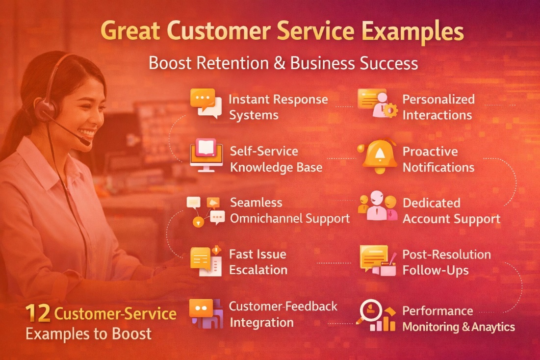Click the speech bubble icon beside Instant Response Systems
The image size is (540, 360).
[x=206, y=103]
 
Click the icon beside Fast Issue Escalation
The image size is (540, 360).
[x=206, y=260]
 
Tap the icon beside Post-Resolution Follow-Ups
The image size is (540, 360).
[x=377, y=259]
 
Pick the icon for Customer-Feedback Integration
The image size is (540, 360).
[x=206, y=313]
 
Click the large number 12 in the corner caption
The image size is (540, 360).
[x=38, y=314]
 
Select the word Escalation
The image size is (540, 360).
[x=258, y=270]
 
